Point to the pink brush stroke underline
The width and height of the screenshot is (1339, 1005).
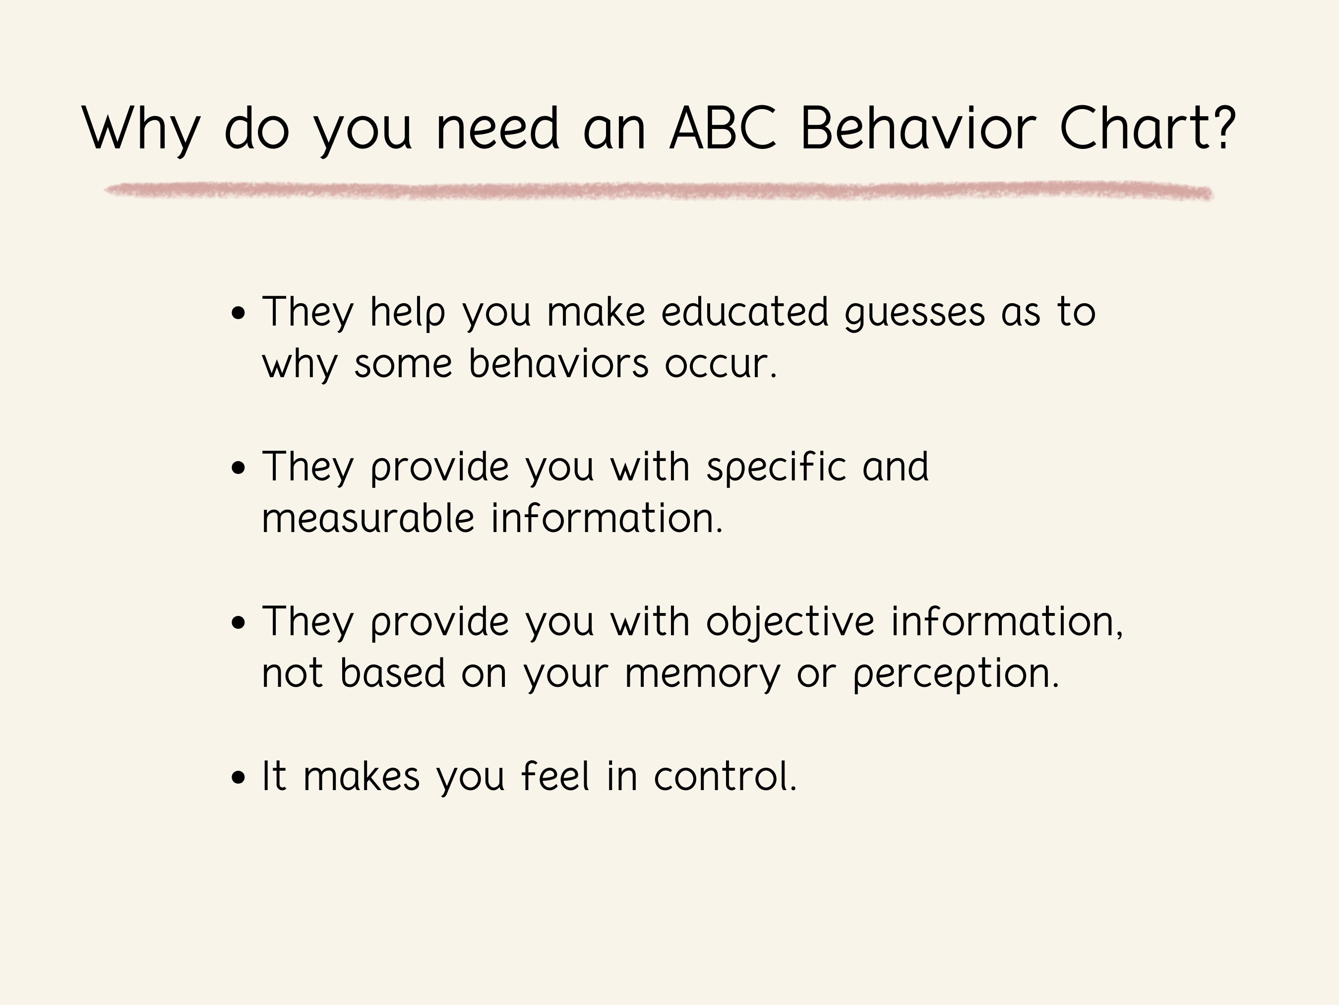[x=659, y=191]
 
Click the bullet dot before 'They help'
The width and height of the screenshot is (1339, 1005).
[x=239, y=314]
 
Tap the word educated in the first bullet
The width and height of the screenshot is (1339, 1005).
[x=744, y=312]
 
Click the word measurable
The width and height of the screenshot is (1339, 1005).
[x=367, y=519]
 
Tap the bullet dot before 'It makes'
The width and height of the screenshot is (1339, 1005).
[x=239, y=778]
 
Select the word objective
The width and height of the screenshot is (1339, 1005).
[x=790, y=622]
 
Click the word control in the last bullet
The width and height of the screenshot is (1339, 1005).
[x=725, y=776]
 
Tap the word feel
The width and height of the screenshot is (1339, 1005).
[x=555, y=776]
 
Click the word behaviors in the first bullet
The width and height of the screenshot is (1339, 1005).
[x=558, y=363]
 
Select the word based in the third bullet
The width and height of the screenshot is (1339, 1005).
[x=393, y=673]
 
